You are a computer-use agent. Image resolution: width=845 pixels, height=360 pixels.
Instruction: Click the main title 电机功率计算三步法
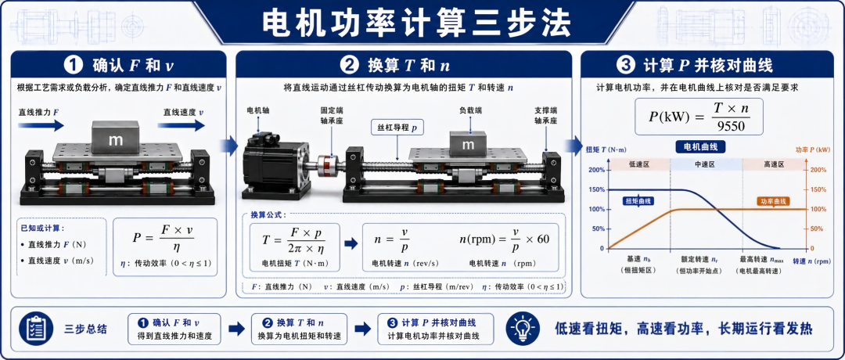coord(416,23)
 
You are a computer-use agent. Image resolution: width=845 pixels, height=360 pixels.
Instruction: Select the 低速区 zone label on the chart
coord(638,164)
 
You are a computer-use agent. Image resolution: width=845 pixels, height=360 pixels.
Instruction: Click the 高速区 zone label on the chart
coord(774,164)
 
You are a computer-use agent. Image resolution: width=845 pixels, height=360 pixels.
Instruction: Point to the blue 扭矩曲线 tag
coord(638,201)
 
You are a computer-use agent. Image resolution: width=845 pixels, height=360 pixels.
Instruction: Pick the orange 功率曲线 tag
coord(773,201)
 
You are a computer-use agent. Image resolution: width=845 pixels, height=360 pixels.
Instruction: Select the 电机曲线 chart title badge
coord(700,146)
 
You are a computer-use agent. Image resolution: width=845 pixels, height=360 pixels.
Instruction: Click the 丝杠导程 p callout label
coord(397,129)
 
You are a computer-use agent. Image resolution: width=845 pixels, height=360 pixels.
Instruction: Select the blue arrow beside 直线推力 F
coord(41,125)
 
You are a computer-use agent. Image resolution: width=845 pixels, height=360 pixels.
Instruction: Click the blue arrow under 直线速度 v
coord(181,125)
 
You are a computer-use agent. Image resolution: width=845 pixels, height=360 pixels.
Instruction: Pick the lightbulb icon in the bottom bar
coord(522,328)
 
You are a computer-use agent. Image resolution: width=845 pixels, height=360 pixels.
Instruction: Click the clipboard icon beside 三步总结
coord(35,328)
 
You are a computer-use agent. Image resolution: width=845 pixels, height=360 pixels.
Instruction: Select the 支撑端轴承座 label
coord(545,115)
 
